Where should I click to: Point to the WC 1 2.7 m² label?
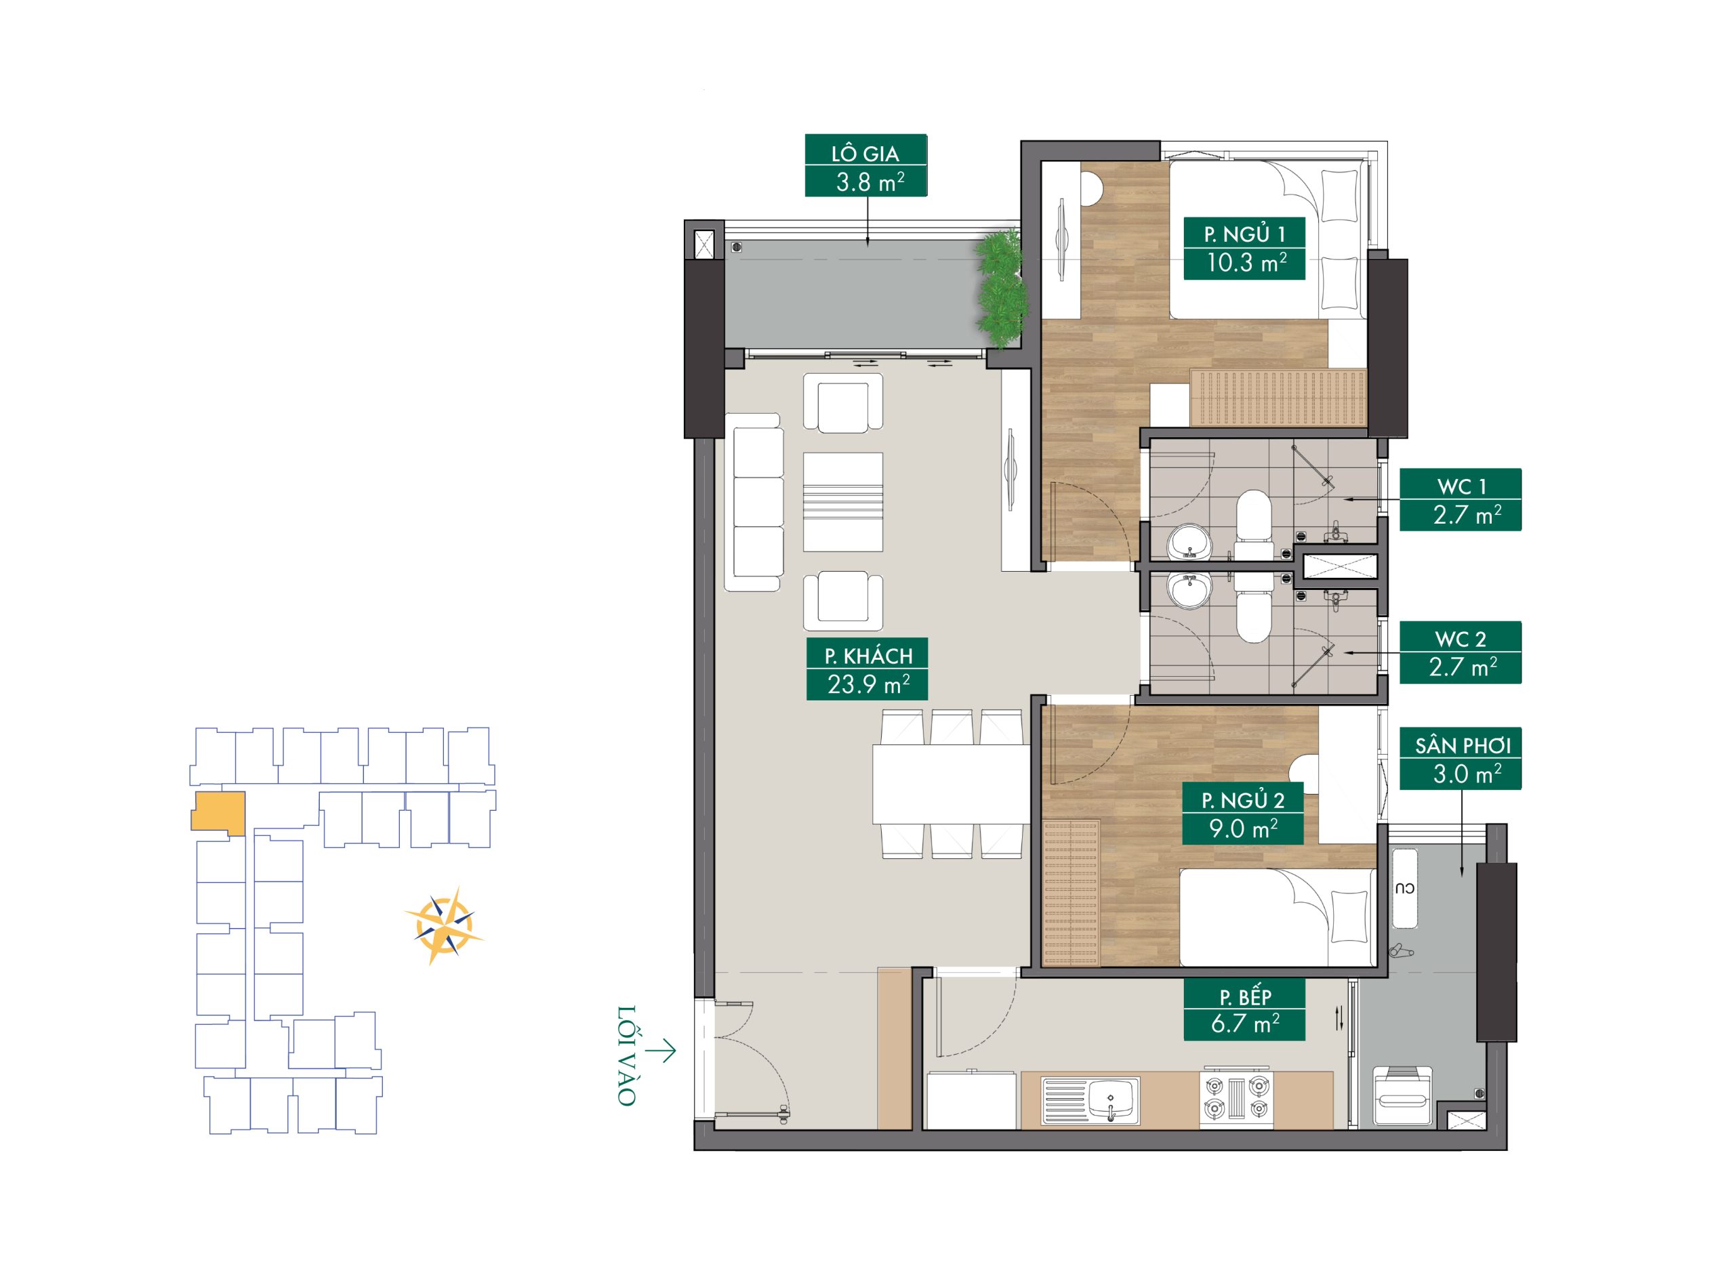[1461, 500]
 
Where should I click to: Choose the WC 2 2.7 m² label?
[1461, 652]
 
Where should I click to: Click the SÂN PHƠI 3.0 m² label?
[1461, 759]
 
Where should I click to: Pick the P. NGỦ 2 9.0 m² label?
[1242, 814]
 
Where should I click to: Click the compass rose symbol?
[444, 925]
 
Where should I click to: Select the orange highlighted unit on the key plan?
[219, 814]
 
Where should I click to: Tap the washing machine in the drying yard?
[1402, 1096]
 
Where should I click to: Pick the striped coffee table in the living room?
[843, 502]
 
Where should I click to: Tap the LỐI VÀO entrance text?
[627, 1055]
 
